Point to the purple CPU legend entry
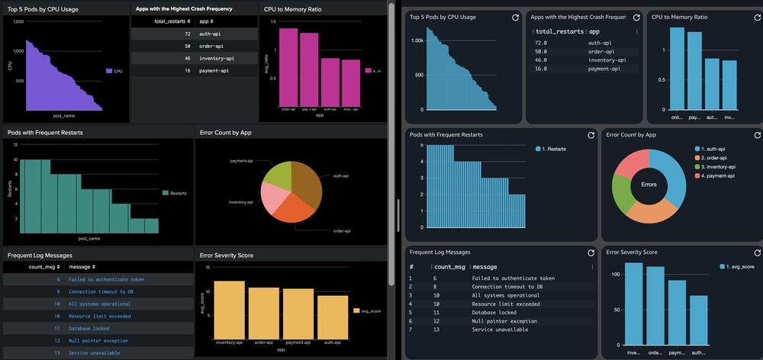click(x=114, y=71)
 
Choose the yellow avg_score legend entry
click(x=365, y=310)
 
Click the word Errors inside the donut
click(x=649, y=184)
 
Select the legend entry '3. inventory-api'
click(x=713, y=166)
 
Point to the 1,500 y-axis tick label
click(x=18, y=22)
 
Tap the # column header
click(x=411, y=267)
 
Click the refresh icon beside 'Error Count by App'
click(x=753, y=135)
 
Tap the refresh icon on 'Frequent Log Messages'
click(x=591, y=252)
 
